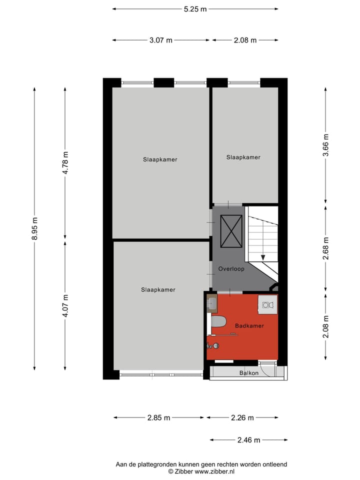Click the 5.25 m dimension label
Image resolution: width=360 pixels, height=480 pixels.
click(x=195, y=9)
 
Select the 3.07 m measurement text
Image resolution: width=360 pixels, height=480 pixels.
click(x=160, y=40)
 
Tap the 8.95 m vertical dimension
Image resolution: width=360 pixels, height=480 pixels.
click(x=34, y=228)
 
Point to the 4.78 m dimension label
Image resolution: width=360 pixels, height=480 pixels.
click(x=65, y=162)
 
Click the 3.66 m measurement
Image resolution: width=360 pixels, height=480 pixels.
click(x=326, y=145)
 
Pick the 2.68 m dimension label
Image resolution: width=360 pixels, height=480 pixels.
click(x=326, y=248)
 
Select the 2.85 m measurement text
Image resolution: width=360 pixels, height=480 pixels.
click(x=158, y=418)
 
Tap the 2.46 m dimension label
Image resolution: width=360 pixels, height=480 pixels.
click(x=248, y=440)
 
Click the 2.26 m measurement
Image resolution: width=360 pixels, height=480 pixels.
click(x=242, y=418)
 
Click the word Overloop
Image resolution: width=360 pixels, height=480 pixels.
click(x=231, y=269)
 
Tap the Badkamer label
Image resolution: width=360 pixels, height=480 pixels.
click(x=249, y=326)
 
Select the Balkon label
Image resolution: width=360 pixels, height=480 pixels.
click(x=248, y=373)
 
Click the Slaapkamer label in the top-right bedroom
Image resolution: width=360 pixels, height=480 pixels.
click(x=243, y=157)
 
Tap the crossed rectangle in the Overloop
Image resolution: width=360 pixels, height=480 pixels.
click(x=231, y=231)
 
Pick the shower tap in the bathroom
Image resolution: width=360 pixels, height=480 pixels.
click(x=213, y=345)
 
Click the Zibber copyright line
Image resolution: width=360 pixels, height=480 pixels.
click(x=201, y=471)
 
